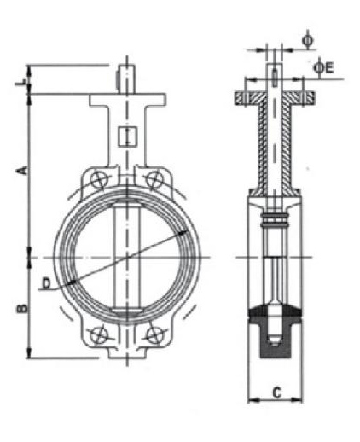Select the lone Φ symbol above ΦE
(308, 38)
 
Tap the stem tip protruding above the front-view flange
(125, 73)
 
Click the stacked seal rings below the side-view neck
(274, 224)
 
